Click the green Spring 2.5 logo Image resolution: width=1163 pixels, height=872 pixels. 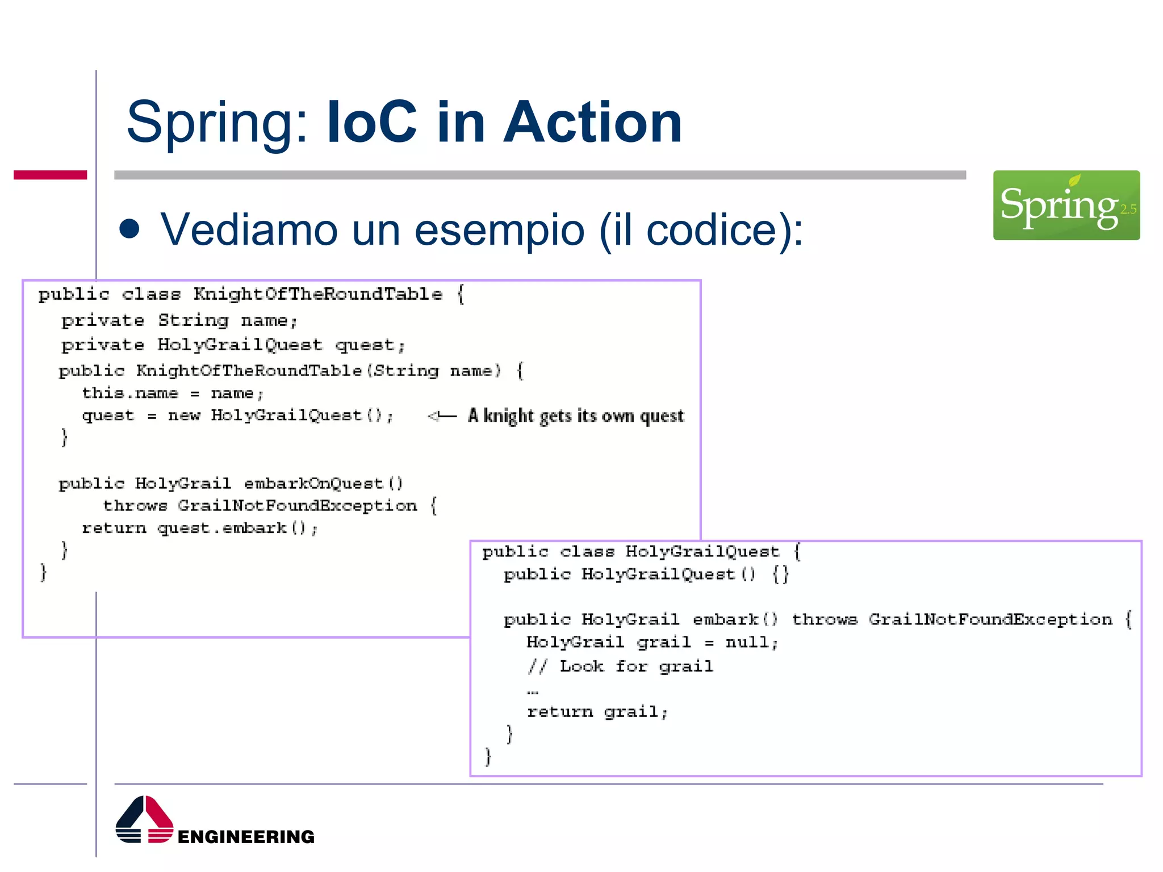tap(1066, 205)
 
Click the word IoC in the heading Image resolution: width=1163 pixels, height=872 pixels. tap(372, 122)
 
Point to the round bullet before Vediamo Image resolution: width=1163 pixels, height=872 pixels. tap(130, 229)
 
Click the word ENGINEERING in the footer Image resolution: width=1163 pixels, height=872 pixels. tap(246, 836)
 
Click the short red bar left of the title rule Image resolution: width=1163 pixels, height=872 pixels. tap(50, 175)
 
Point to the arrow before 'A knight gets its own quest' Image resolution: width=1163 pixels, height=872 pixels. tap(442, 416)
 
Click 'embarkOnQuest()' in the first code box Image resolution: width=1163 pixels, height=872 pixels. tap(324, 484)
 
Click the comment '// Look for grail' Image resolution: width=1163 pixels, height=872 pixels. tap(620, 666)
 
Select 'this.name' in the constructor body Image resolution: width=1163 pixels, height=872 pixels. tap(130, 393)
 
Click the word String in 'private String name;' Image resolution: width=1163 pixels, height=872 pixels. tap(193, 320)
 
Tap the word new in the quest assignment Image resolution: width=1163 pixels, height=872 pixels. tap(184, 416)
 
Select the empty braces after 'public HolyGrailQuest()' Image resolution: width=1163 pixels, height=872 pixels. tap(781, 575)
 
